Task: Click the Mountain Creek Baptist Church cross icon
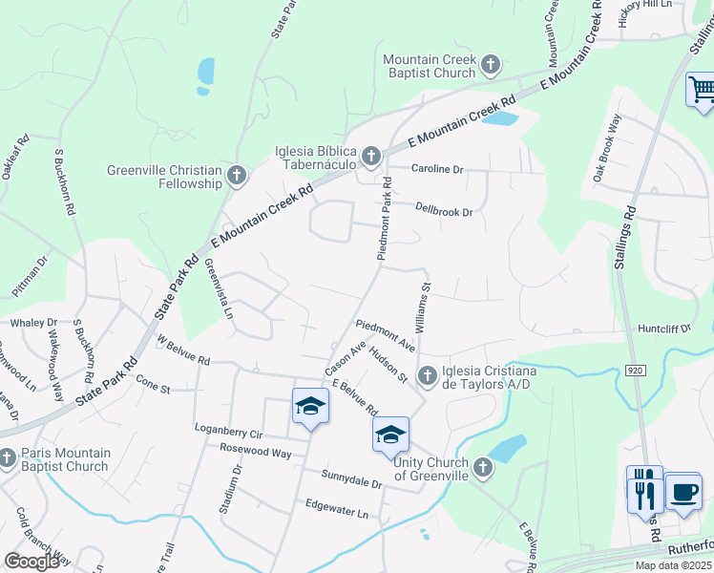click(491, 65)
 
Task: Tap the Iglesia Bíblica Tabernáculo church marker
click(370, 155)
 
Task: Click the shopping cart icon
click(702, 90)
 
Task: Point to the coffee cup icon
click(682, 493)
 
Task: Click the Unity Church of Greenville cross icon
click(483, 467)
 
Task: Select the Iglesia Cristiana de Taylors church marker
click(428, 373)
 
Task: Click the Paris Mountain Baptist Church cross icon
click(8, 459)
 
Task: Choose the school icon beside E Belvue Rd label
click(389, 435)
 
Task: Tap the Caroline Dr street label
click(436, 169)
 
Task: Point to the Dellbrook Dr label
click(444, 209)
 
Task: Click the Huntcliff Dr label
click(663, 328)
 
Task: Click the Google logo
click(31, 562)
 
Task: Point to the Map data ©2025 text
click(673, 565)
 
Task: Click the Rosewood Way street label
click(255, 452)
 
